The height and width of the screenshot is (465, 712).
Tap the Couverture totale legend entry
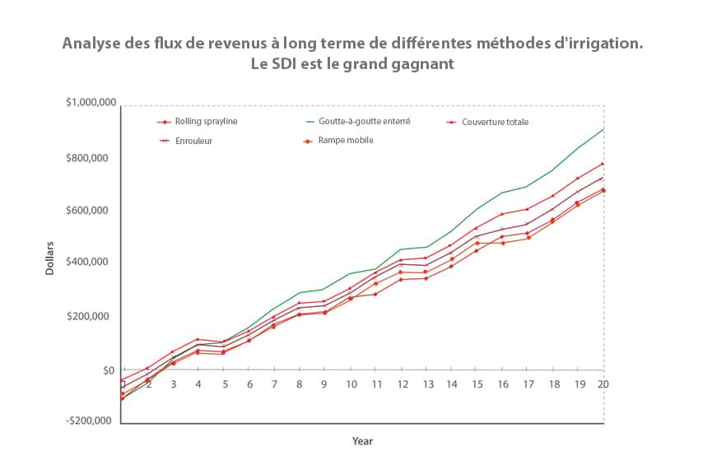click(495, 122)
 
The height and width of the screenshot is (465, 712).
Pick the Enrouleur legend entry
click(193, 141)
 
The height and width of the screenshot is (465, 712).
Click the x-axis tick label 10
click(351, 384)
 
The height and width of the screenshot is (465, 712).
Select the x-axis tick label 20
click(603, 384)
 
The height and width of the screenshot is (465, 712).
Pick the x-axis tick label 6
click(249, 384)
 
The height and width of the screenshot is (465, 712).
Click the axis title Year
click(362, 442)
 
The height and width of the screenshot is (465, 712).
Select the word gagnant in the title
click(425, 63)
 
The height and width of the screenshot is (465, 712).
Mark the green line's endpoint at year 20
click(603, 128)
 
